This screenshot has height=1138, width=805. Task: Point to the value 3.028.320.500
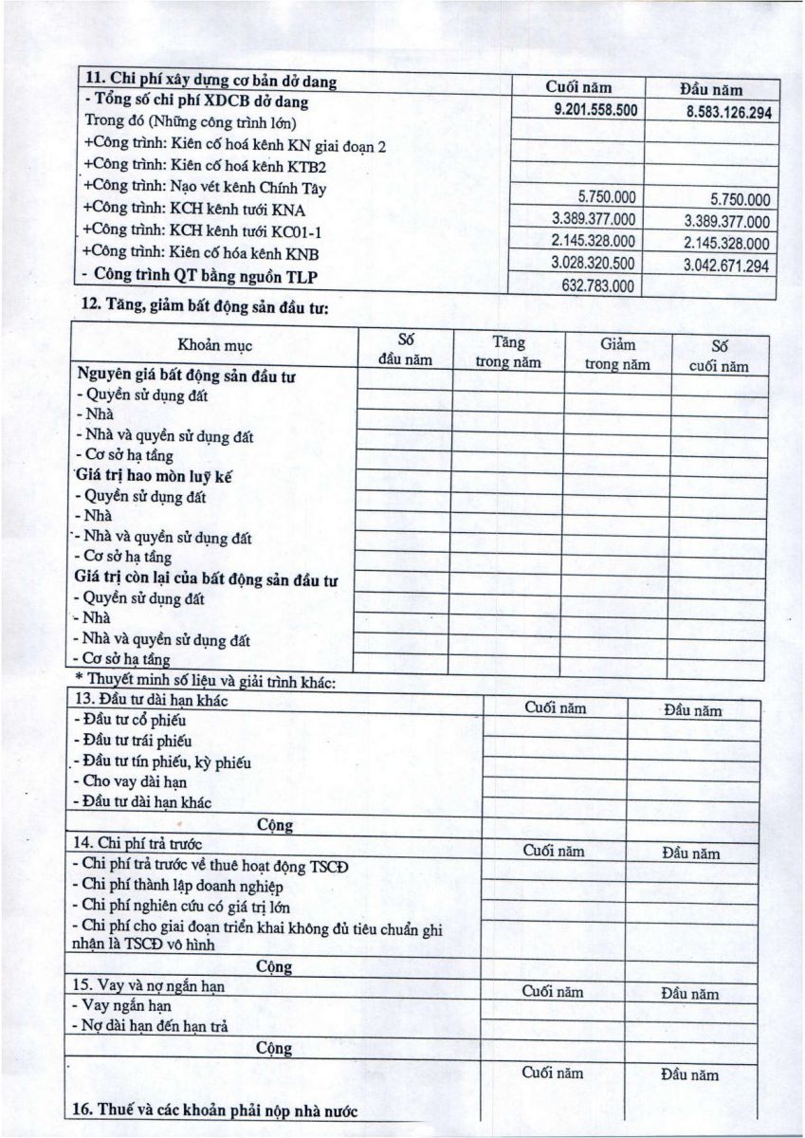[x=594, y=263]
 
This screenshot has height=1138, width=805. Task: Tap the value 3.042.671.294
[x=726, y=266]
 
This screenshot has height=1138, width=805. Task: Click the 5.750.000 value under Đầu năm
[x=739, y=200]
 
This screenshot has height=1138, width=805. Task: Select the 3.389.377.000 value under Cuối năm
[x=594, y=219]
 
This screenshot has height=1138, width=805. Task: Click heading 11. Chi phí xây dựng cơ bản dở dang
[x=210, y=80]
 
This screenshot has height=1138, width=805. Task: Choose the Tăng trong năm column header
[x=508, y=352]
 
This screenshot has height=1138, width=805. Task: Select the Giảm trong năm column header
[x=617, y=354]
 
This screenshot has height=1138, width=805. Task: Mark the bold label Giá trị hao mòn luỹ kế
[x=153, y=477]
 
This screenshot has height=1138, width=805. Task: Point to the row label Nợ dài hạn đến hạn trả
[x=155, y=1026]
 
